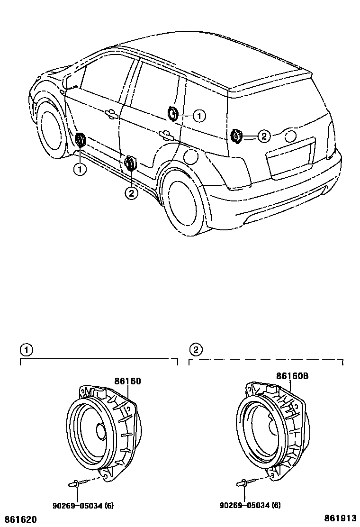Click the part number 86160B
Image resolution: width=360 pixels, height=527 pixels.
coord(292,376)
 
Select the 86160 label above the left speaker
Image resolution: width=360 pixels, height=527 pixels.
coord(127,381)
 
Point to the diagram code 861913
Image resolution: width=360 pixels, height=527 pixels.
coord(340,518)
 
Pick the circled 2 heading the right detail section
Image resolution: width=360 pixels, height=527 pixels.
coord(195,350)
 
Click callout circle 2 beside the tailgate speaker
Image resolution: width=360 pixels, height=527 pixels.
coord(263,136)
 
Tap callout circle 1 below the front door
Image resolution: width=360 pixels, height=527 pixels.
coord(80,169)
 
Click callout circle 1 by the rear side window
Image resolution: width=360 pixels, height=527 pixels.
coord(199,115)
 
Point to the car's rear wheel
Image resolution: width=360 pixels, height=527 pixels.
coord(182,201)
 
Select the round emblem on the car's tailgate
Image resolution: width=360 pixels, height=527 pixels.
coord(290,136)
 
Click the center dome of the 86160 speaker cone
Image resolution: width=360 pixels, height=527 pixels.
coord(102,431)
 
